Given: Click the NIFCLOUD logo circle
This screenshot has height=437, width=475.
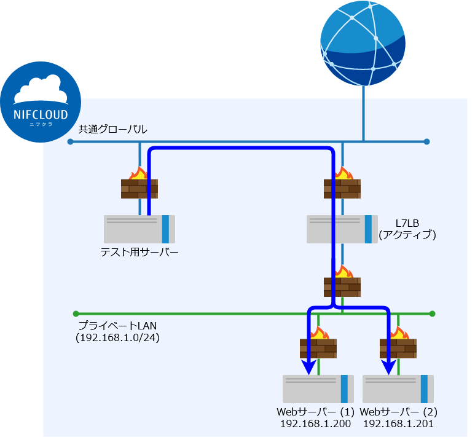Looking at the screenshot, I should tap(41, 102).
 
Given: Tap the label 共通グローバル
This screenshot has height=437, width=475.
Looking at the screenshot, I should tap(112, 130).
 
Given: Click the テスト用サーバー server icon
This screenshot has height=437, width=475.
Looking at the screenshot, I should tap(139, 229).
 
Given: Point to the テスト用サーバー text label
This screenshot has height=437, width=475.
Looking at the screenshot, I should tap(139, 252).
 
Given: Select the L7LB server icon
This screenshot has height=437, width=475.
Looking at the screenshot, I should tap(342, 229).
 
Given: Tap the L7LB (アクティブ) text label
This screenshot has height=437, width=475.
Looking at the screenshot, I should tap(407, 228).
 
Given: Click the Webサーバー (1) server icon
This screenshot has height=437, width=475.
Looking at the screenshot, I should tap(319, 388).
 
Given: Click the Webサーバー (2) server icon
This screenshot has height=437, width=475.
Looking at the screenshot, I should tap(399, 388).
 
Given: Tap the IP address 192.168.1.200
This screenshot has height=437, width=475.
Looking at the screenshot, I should tap(315, 423).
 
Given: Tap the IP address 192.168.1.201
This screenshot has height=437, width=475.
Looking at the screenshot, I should tap(398, 423).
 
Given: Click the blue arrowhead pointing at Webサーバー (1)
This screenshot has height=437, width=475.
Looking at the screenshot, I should tap(309, 368).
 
